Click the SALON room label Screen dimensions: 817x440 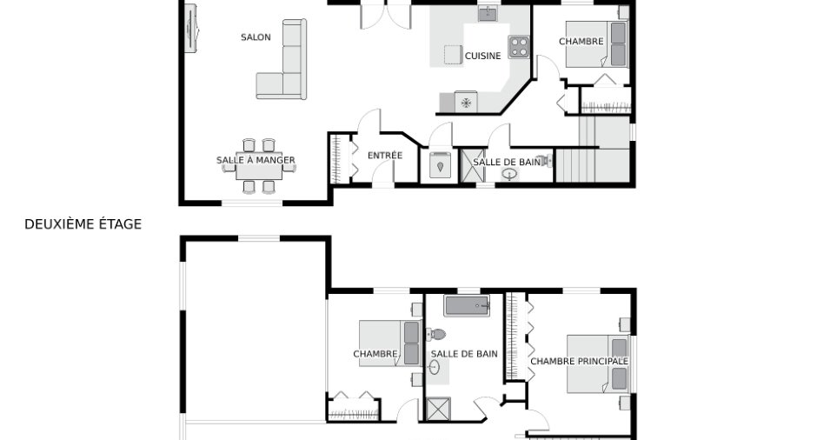[256, 37]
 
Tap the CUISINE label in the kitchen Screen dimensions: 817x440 [482, 56]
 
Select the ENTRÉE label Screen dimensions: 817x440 [385, 156]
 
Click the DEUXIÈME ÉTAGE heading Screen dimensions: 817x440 [83, 224]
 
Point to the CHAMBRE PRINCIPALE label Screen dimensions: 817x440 [580, 361]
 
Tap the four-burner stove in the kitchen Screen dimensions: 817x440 [519, 46]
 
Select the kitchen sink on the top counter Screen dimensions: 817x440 [488, 14]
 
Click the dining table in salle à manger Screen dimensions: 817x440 [259, 167]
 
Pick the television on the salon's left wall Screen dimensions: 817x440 [190, 28]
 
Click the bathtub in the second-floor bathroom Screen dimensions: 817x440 [467, 305]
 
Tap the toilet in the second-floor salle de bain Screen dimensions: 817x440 [436, 334]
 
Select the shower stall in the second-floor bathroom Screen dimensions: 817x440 [438, 409]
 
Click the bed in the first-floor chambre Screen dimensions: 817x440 [596, 44]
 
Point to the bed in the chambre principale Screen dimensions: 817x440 [598, 363]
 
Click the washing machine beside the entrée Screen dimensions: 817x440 [440, 165]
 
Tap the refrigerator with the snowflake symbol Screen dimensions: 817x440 [466, 103]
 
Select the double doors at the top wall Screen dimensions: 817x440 [386, 16]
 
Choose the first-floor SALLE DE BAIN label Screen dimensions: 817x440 [507, 162]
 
